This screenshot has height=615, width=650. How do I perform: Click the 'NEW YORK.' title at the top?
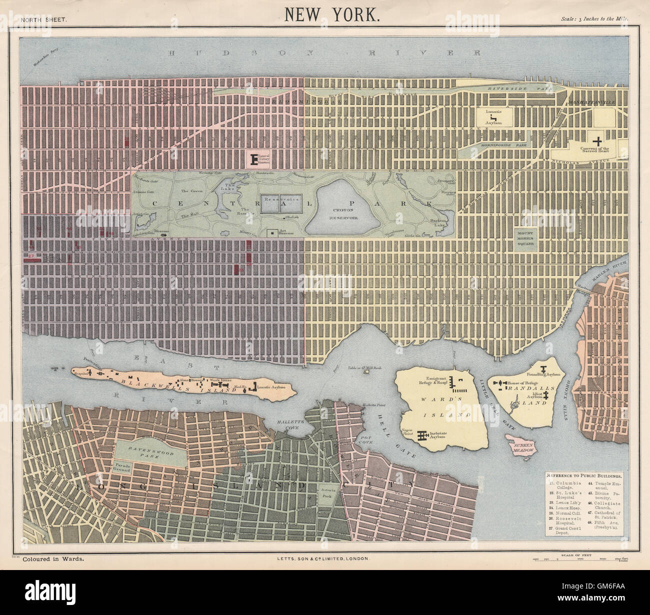tap(332, 14)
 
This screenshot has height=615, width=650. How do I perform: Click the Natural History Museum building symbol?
tap(254, 159)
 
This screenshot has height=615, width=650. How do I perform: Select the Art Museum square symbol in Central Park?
tap(271, 232)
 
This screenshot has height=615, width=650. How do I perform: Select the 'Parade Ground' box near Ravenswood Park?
tap(124, 467)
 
